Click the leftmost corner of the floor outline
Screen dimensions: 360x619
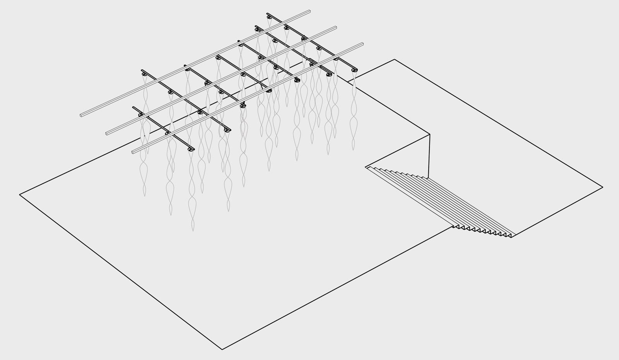(20, 195)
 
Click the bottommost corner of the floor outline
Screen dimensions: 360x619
(222, 350)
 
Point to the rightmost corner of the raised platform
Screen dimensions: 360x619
(603, 187)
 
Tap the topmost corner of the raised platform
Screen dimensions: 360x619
(394, 60)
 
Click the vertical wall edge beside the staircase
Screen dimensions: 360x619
(429, 155)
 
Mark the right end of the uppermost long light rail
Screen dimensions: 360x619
(309, 12)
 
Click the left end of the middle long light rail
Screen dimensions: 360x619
(107, 134)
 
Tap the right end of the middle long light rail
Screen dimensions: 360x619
(335, 28)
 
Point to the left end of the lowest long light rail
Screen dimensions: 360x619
(133, 151)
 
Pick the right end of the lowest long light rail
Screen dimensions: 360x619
(362, 44)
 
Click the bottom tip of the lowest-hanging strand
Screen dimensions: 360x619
(193, 231)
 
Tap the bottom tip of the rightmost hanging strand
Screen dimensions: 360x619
(353, 149)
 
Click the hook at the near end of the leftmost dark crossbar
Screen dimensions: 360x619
(191, 149)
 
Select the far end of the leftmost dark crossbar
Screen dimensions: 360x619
(134, 108)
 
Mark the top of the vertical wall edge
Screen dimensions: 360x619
(430, 134)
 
